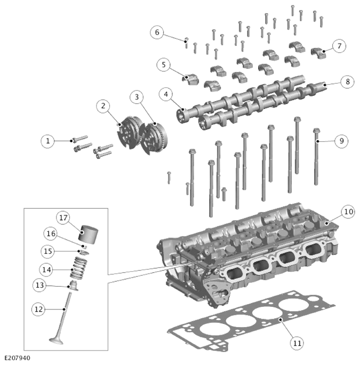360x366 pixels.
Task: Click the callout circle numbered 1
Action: [x=47, y=141]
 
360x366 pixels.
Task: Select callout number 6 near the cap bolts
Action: [x=157, y=32]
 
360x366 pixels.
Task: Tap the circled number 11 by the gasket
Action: [x=297, y=343]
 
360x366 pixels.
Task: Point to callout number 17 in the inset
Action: [x=63, y=218]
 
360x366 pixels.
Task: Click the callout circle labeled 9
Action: [x=341, y=141]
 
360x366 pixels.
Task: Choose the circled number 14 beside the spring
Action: [x=46, y=270]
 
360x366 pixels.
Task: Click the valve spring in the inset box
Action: [x=79, y=267]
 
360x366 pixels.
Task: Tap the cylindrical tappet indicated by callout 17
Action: [x=88, y=234]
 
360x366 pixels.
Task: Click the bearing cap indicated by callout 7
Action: [x=318, y=53]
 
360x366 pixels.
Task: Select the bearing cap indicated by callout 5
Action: [x=190, y=79]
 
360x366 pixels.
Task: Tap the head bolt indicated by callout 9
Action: [x=316, y=157]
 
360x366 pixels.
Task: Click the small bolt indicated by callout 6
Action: [x=186, y=43]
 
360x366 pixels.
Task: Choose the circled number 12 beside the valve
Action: [x=38, y=310]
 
